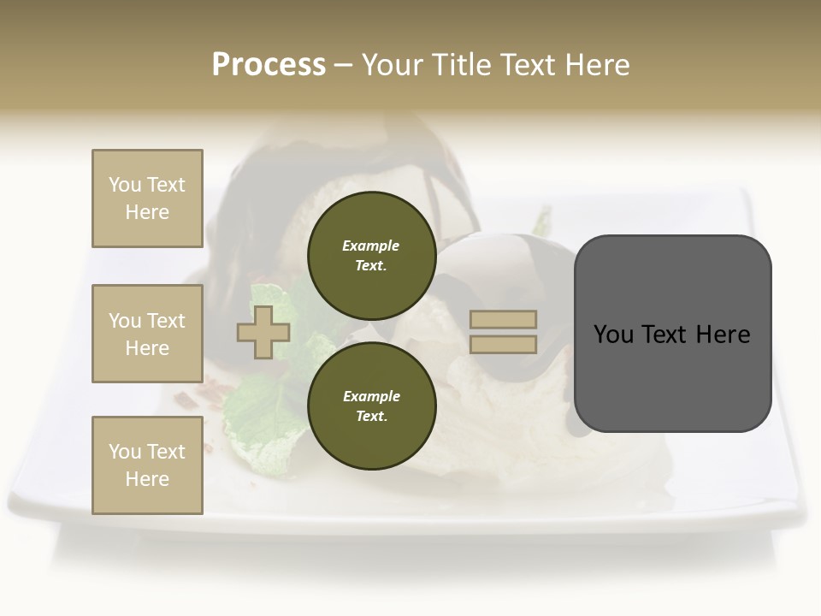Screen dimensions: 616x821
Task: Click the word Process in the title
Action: [x=269, y=65]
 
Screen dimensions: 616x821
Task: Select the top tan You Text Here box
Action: [x=147, y=198]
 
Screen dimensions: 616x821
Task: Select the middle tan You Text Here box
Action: [x=147, y=334]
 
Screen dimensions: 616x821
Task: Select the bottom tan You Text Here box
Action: [x=147, y=465]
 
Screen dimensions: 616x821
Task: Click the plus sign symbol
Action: [x=263, y=333]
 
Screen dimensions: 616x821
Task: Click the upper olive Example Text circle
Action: [x=371, y=256]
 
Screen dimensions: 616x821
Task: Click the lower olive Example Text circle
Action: [x=371, y=406]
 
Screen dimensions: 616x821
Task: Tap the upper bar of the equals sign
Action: [x=504, y=319]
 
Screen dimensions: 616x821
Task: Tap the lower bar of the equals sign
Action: [x=504, y=345]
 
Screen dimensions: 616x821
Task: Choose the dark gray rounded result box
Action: [x=672, y=376]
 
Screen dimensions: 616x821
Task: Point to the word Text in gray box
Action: [x=672, y=335]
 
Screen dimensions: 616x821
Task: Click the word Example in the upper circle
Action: [x=371, y=246]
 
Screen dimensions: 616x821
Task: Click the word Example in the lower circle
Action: [x=371, y=396]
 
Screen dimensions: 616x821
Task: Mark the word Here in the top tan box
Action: [x=147, y=212]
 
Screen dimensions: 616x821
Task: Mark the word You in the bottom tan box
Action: [x=125, y=452]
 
